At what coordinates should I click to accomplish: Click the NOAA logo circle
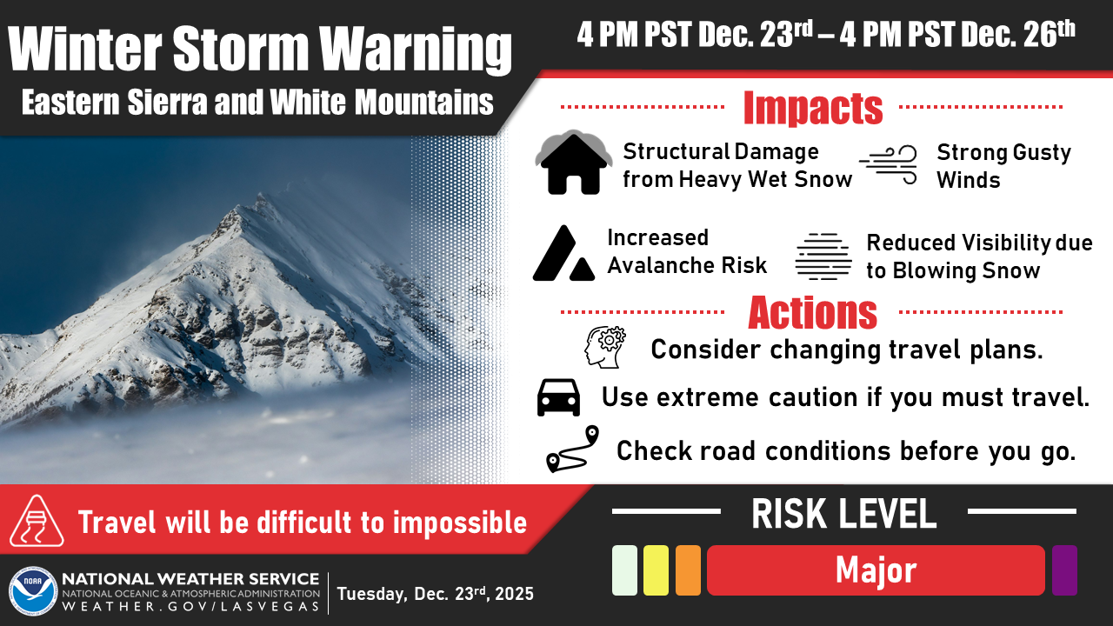[33, 591]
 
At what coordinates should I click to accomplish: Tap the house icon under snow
[573, 162]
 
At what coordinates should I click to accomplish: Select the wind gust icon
[889, 165]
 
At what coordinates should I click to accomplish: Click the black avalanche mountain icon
[564, 253]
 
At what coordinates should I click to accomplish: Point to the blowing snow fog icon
[823, 256]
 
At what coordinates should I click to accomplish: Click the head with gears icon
[604, 347]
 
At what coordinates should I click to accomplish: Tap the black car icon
[558, 397]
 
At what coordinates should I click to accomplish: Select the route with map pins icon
[572, 450]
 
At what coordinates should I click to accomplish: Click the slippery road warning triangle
[37, 522]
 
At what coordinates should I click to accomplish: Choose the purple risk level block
[1064, 570]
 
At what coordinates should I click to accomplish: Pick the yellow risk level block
[656, 570]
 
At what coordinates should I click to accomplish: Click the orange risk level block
[688, 570]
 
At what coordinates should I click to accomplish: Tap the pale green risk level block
[624, 570]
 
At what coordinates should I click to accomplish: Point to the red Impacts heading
[813, 107]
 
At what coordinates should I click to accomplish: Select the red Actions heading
[813, 313]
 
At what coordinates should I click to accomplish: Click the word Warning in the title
[416, 49]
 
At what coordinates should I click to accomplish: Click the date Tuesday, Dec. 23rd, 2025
[436, 594]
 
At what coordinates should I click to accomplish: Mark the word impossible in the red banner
[460, 523]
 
